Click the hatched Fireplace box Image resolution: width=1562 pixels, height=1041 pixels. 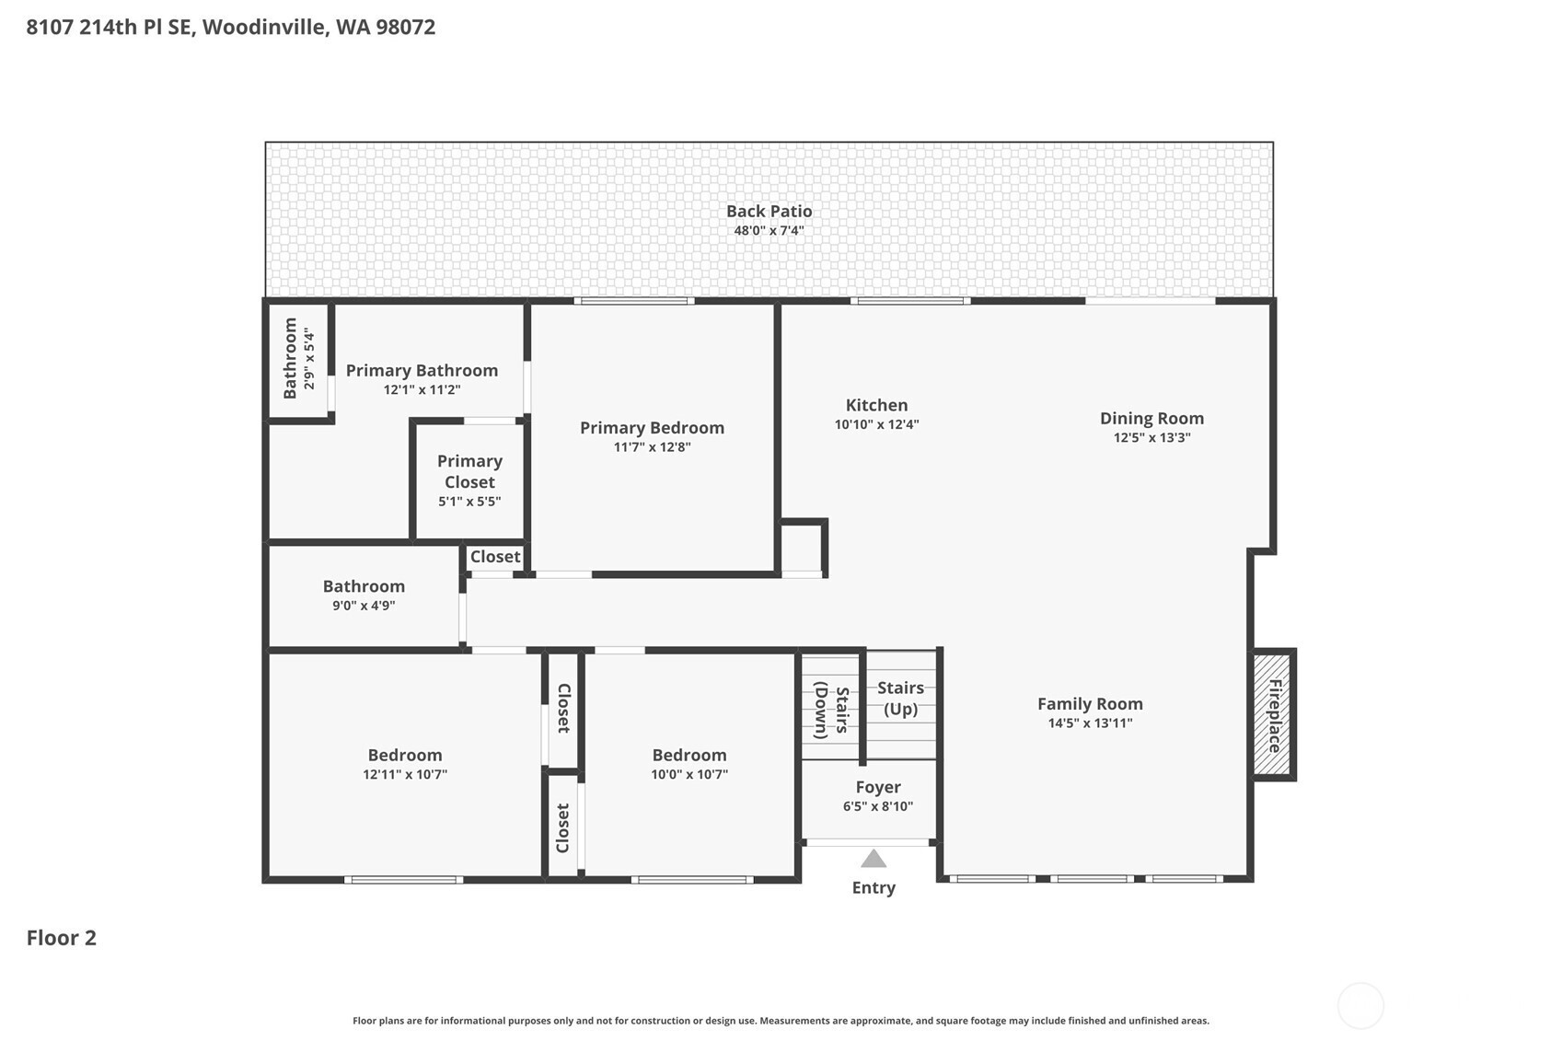[x=1273, y=714]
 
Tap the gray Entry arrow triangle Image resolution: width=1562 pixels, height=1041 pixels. [x=874, y=859]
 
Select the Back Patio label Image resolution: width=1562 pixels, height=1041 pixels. [x=769, y=212]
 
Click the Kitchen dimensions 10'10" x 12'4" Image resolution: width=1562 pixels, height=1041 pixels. [x=876, y=424]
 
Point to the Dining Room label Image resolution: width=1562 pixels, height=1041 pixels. [x=1152, y=419]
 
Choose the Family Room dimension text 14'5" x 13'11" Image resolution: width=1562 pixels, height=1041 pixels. [x=1090, y=723]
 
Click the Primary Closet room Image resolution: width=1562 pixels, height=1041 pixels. [x=470, y=481]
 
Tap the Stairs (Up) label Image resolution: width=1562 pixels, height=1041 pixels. [x=900, y=698]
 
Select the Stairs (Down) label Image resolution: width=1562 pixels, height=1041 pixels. [x=832, y=711]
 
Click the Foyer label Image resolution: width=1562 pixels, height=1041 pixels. [x=878, y=787]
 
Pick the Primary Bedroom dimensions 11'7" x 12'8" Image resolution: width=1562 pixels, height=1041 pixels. [x=652, y=447]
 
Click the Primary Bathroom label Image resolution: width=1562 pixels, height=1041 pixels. [x=422, y=370]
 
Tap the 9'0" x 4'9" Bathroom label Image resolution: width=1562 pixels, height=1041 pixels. [x=364, y=586]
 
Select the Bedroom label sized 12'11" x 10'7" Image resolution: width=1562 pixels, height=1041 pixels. [x=405, y=755]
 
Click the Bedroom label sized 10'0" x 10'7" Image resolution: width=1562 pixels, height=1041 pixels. [x=688, y=755]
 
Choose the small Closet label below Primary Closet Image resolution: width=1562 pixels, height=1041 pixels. [x=495, y=557]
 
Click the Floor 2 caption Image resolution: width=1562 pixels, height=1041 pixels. [x=62, y=938]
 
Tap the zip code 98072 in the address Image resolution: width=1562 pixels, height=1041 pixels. [x=405, y=28]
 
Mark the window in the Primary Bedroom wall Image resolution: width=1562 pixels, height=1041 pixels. [x=634, y=301]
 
